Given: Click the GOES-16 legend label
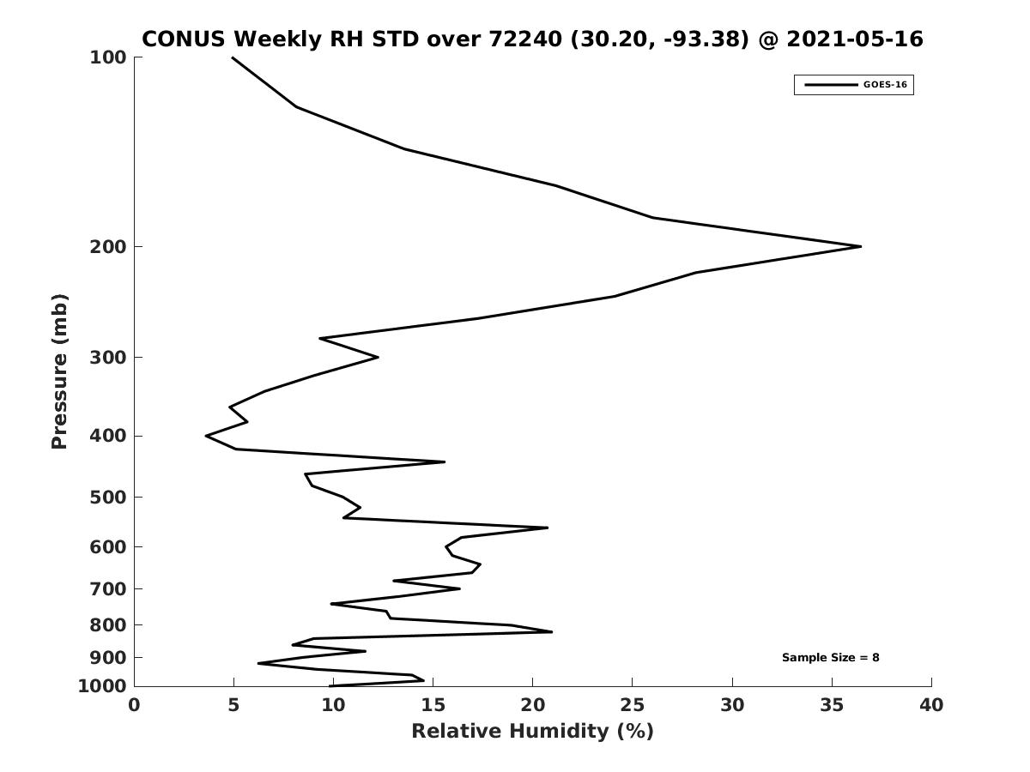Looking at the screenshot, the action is pos(885,85).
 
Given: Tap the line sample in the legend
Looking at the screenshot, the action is pos(831,85).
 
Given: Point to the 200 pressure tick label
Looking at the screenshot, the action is pos(108,246).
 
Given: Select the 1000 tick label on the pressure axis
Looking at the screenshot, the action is pos(102,686).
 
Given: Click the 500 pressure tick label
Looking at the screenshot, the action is pos(108,497).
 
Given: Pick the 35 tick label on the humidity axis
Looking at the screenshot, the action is pos(832,705).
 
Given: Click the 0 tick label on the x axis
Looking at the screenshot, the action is pos(134,705).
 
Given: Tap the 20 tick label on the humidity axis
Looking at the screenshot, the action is pos(533,705).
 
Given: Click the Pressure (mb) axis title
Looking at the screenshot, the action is pos(59,371).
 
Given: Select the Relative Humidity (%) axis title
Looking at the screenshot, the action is pos(533,731).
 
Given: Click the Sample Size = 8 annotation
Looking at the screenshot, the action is pos(831,658).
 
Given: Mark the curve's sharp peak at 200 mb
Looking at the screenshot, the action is pos(861,246).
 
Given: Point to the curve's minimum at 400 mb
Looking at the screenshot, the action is pos(207,436).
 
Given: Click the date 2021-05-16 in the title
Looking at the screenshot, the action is pos(855,39).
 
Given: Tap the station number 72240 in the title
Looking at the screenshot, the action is pos(525,39).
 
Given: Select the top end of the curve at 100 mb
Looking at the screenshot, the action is pos(233,57).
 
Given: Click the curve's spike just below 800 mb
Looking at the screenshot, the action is pos(551,632).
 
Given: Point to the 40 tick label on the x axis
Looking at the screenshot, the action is pos(931,705).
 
